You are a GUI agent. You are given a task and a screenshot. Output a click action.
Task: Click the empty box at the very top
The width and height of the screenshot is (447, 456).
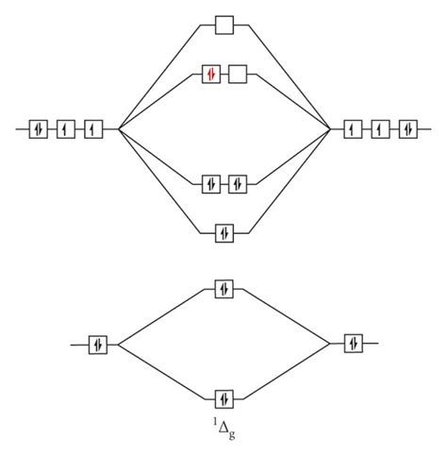point(224,25)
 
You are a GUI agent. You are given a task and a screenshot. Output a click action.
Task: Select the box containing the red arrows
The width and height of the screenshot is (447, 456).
point(211,75)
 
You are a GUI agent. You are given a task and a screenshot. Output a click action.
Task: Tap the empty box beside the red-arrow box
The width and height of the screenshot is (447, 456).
point(238,75)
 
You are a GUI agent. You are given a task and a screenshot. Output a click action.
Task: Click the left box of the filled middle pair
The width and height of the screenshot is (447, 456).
point(211,184)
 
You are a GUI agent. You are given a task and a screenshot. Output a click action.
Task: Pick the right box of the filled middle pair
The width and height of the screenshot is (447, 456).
point(238,184)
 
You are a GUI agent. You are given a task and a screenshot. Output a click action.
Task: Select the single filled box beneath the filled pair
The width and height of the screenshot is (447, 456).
point(224,233)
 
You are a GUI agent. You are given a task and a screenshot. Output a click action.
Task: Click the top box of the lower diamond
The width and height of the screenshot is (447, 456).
point(224,289)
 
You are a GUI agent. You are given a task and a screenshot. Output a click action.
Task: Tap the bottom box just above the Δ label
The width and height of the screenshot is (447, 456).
point(224,399)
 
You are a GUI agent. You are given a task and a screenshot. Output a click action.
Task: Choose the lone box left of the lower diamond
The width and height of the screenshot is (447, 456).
point(98,345)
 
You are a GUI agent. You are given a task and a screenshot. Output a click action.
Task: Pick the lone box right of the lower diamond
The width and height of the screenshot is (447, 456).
point(354,344)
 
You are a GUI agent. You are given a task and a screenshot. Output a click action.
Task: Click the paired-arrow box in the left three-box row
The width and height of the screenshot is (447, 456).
point(39,129)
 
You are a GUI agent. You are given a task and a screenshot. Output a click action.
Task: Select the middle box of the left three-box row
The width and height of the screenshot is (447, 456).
point(66,129)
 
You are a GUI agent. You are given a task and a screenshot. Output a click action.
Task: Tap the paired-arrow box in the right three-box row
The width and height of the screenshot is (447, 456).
point(408,129)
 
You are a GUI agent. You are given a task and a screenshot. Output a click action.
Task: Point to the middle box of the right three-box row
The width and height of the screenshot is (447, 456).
point(381,129)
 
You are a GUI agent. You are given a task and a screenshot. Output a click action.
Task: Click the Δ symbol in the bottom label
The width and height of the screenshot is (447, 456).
point(223,428)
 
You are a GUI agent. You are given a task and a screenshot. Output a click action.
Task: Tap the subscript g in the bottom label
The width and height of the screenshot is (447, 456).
point(232,434)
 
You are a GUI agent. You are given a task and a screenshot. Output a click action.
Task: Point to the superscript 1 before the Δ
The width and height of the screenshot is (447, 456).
point(215,422)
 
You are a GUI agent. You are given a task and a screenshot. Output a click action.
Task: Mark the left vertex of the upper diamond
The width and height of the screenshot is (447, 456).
point(119,129)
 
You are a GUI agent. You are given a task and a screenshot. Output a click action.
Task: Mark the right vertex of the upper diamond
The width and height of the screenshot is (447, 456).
point(330,129)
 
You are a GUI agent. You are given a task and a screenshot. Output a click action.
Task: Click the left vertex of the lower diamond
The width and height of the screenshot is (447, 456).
point(118,345)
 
